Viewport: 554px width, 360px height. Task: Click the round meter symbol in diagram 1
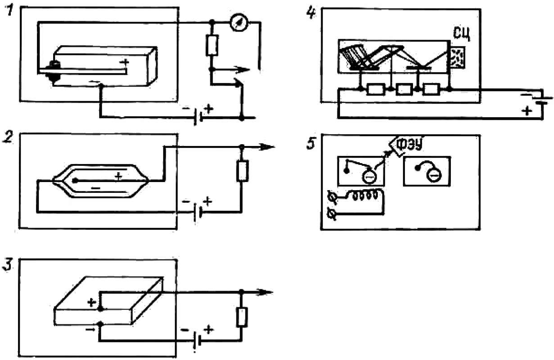point(239,23)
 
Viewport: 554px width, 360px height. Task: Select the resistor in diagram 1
point(212,46)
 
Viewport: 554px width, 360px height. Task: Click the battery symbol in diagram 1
point(198,116)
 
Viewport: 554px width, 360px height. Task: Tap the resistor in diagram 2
point(242,171)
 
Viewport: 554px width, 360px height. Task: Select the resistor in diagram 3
point(242,318)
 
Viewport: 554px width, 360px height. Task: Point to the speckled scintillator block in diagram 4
point(458,57)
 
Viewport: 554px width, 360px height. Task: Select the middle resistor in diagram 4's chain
point(404,89)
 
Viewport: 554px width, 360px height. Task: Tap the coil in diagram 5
point(364,195)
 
